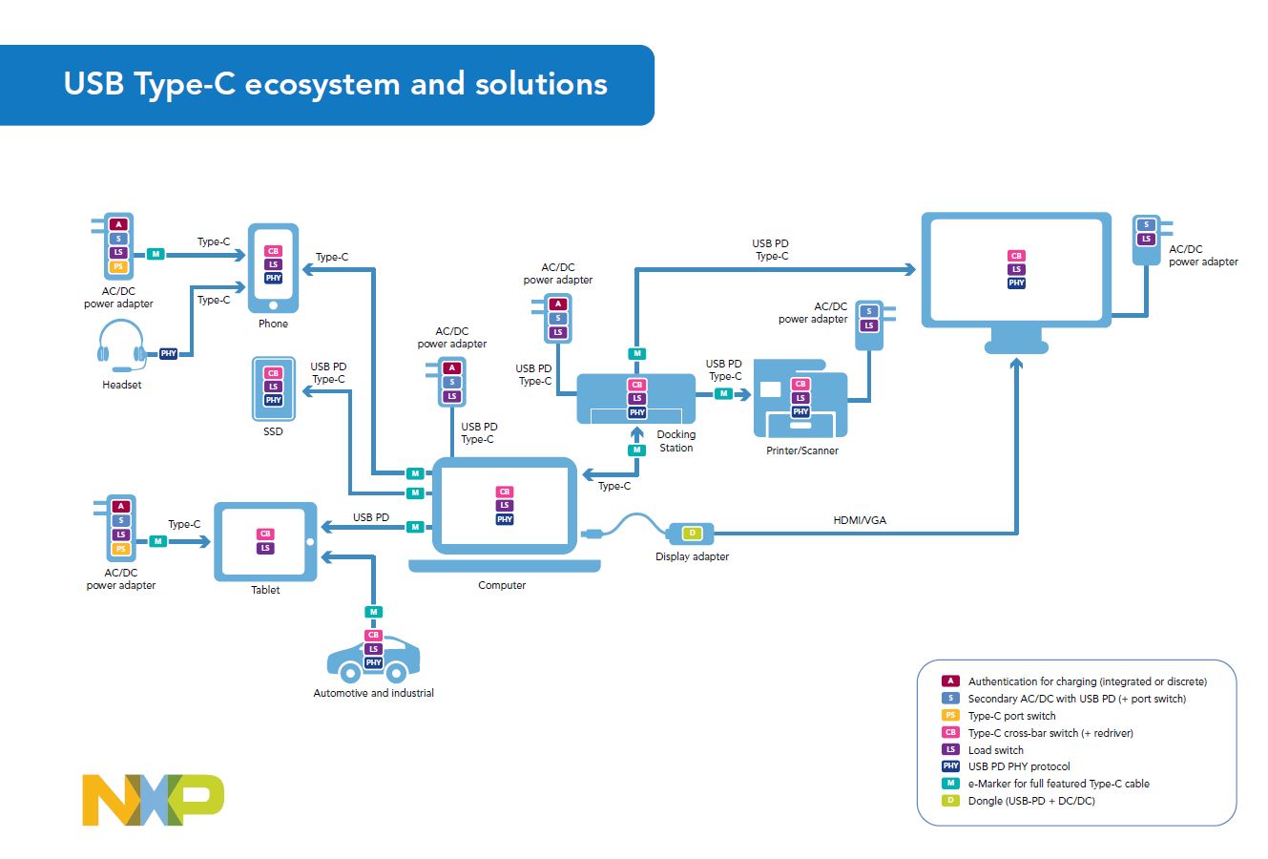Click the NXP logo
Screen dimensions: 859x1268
click(153, 800)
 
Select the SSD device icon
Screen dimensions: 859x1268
click(273, 388)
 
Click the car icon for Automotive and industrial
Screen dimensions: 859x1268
click(373, 659)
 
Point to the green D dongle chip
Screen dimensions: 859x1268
click(693, 533)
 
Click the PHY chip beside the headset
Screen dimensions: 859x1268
click(169, 354)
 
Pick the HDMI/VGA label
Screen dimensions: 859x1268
click(860, 520)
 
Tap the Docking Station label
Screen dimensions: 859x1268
click(676, 441)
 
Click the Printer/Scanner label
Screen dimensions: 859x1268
click(801, 450)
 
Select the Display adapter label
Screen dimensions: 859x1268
click(692, 556)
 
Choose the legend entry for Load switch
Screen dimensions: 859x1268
click(995, 750)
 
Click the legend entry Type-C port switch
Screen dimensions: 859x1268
click(1011, 716)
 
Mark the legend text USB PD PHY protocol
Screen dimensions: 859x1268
click(1018, 766)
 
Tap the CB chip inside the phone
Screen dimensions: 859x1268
click(273, 251)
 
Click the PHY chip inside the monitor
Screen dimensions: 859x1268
click(1016, 283)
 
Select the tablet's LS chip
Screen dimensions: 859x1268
click(265, 548)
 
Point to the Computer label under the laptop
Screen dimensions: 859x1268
click(502, 585)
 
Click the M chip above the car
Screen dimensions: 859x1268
click(374, 612)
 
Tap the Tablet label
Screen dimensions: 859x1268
click(265, 590)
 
